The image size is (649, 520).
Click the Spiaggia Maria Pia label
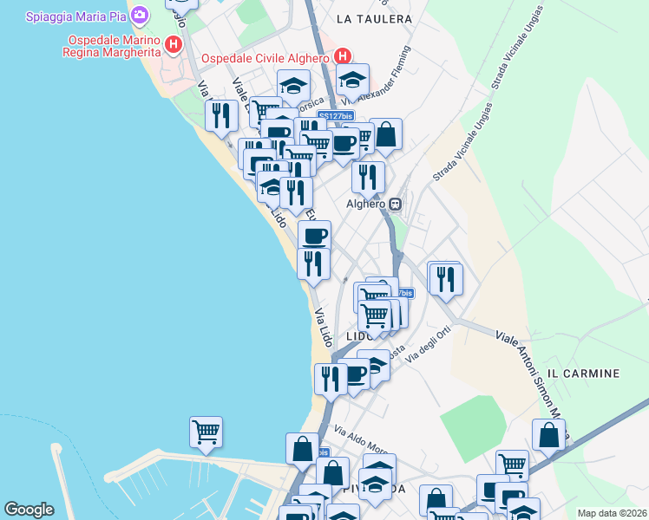[x=75, y=16]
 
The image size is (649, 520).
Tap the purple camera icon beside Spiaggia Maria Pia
[x=140, y=15]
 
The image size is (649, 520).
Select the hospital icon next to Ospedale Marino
[x=174, y=45]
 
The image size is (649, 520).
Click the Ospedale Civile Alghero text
[x=265, y=59]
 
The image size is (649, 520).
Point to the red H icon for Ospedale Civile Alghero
[x=343, y=56]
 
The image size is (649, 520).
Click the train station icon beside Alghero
[x=396, y=205]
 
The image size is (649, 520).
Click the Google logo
[x=29, y=510]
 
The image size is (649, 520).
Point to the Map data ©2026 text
[x=612, y=513]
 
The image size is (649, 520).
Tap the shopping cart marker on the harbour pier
[x=206, y=431]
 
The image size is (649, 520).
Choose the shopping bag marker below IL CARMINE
[x=548, y=434]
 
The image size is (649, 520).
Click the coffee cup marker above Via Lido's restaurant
[x=314, y=235]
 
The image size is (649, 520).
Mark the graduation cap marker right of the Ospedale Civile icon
[x=351, y=80]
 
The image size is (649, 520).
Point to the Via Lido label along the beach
[x=323, y=328]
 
